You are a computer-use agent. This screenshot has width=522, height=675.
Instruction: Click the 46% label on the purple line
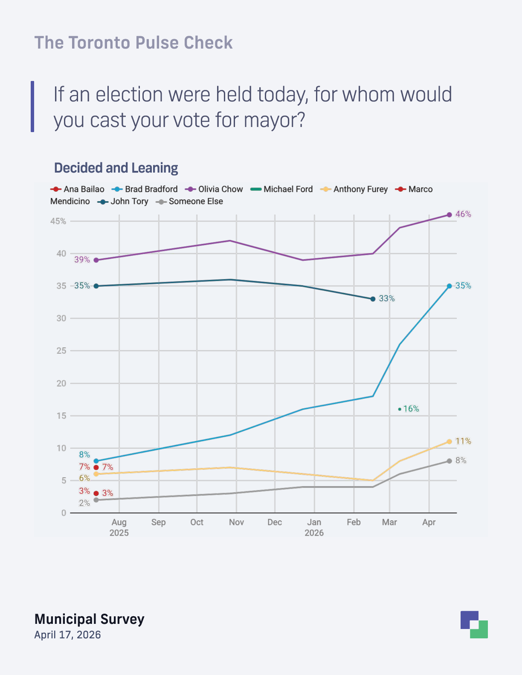point(463,214)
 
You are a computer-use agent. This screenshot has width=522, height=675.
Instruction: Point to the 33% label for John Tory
point(387,299)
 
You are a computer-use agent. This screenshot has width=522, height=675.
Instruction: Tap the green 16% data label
point(411,409)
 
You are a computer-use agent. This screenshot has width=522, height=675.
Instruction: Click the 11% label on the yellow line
point(463,441)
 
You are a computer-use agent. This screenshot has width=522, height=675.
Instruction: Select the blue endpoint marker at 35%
point(449,286)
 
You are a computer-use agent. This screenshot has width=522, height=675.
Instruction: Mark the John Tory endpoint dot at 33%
point(373,299)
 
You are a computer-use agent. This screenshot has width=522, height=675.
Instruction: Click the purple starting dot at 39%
point(96,260)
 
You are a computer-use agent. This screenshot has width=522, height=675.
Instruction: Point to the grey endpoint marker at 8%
point(449,461)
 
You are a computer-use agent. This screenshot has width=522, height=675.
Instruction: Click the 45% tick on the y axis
point(58,221)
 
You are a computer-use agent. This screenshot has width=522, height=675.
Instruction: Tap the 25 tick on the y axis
point(61,351)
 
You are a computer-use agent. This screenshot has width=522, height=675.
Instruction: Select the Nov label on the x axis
point(236,522)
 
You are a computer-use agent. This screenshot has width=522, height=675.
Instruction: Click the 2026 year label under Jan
point(314,533)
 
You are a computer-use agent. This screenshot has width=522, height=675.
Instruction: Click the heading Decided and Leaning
point(116,168)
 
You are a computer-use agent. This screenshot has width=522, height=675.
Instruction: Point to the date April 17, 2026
point(67,635)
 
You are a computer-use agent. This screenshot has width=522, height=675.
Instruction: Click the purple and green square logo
point(474,625)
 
